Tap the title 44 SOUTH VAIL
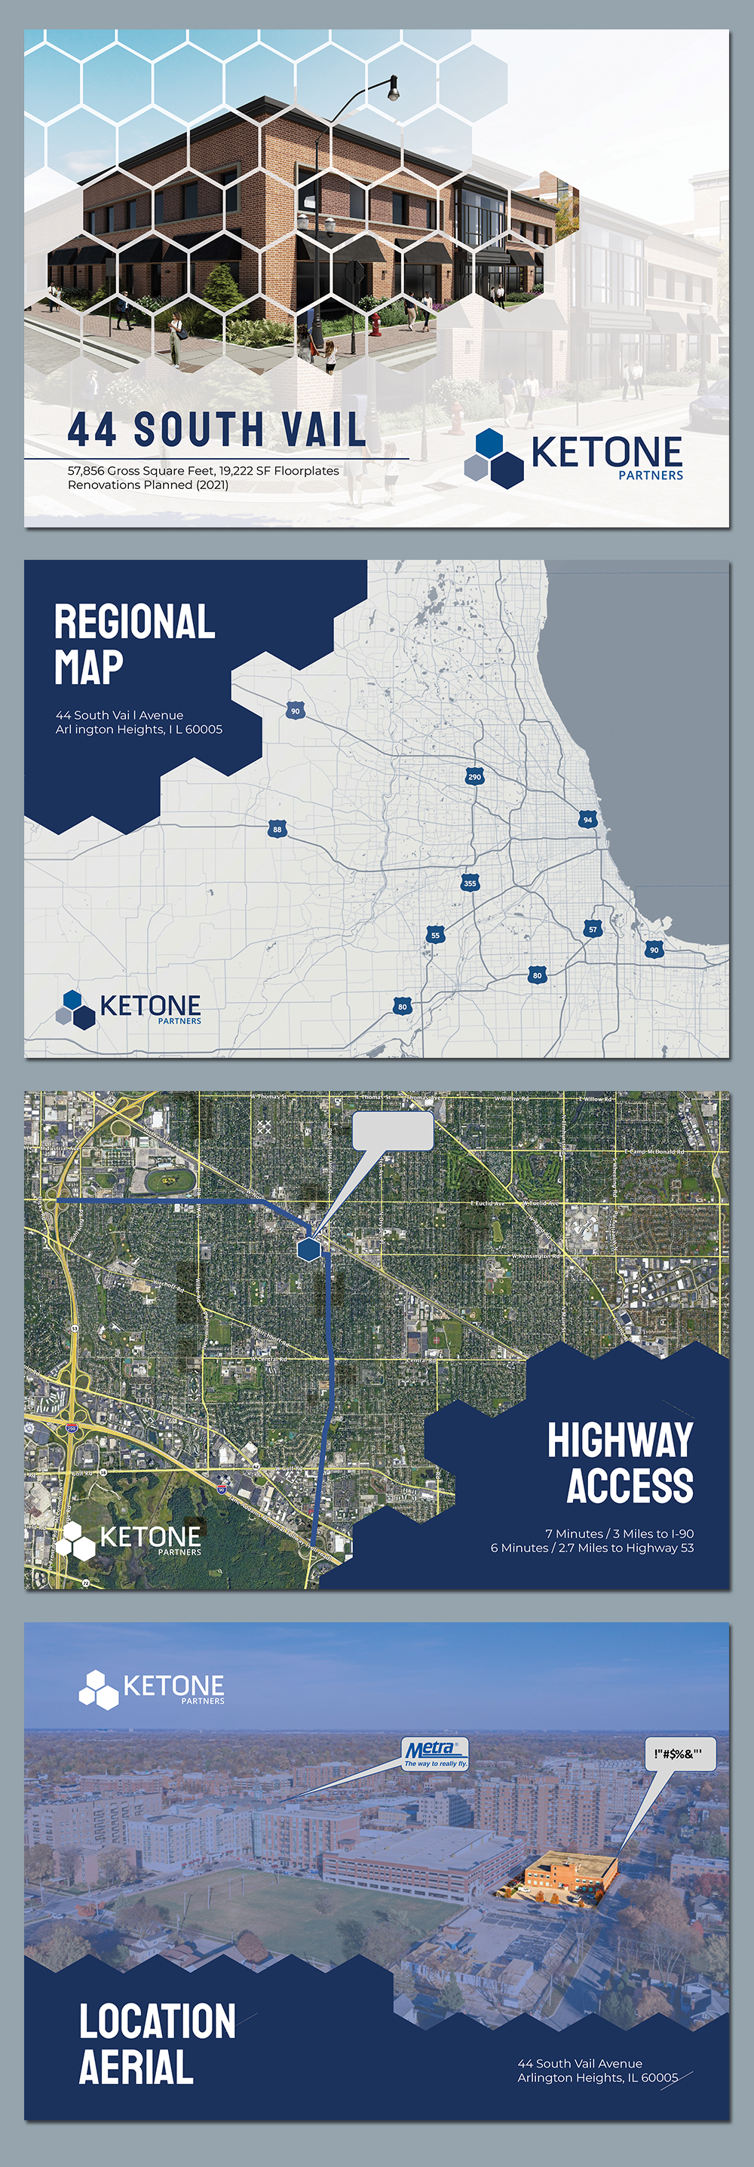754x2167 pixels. click(x=217, y=429)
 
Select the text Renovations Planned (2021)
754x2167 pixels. click(x=148, y=484)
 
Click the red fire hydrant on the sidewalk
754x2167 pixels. click(x=375, y=324)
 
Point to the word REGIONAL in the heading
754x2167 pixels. click(x=135, y=622)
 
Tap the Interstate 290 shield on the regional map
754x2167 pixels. click(x=474, y=775)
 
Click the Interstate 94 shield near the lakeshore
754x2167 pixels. click(x=587, y=819)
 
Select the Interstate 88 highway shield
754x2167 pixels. click(x=277, y=830)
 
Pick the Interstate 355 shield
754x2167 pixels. click(x=470, y=883)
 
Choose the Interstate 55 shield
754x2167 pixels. click(x=435, y=934)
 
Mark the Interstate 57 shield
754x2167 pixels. click(x=593, y=929)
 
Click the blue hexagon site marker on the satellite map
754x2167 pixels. click(x=310, y=1249)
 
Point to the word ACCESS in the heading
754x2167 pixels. click(x=630, y=1485)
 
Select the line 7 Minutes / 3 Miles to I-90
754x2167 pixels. click(x=619, y=1533)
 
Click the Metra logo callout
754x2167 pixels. click(x=434, y=1754)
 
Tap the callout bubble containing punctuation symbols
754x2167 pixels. click(x=679, y=1754)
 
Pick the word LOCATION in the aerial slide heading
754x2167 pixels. click(x=158, y=2022)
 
